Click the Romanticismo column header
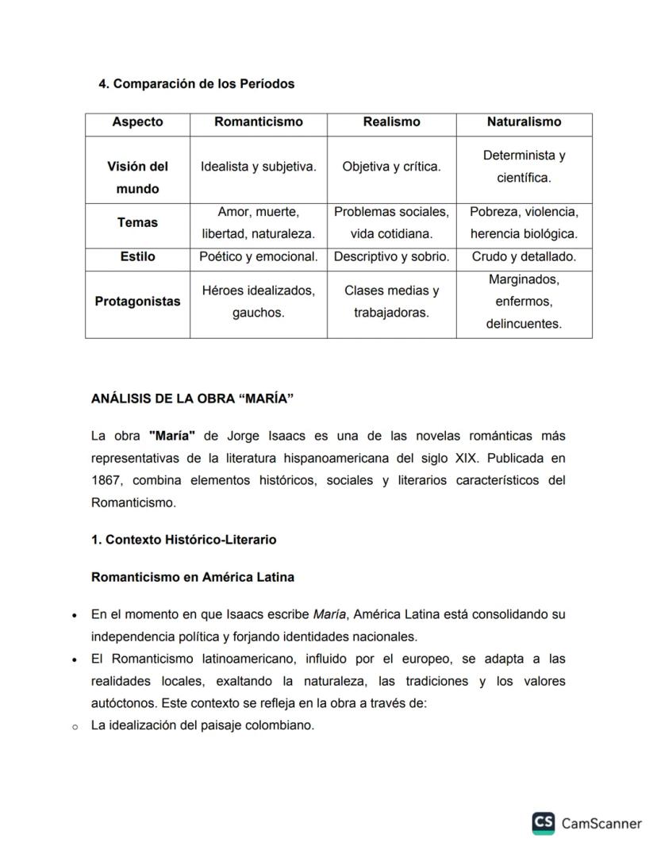click(x=259, y=122)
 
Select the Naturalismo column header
click(x=524, y=122)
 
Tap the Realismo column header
click(x=391, y=122)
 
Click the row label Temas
click(x=137, y=223)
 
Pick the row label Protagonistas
click(x=137, y=302)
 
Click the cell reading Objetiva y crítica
click(x=391, y=167)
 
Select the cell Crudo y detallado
click(x=524, y=257)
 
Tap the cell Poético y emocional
click(x=259, y=257)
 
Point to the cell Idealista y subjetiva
click(x=259, y=167)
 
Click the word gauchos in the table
click(x=259, y=313)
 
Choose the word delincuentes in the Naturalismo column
click(x=524, y=325)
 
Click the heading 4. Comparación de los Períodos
click(x=196, y=84)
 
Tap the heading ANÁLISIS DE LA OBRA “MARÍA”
click(x=192, y=398)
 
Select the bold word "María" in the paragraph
click(x=172, y=437)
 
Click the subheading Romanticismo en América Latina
click(x=193, y=578)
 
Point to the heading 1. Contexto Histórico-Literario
click(x=184, y=540)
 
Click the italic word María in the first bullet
click(x=329, y=614)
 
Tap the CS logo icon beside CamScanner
click(x=544, y=823)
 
